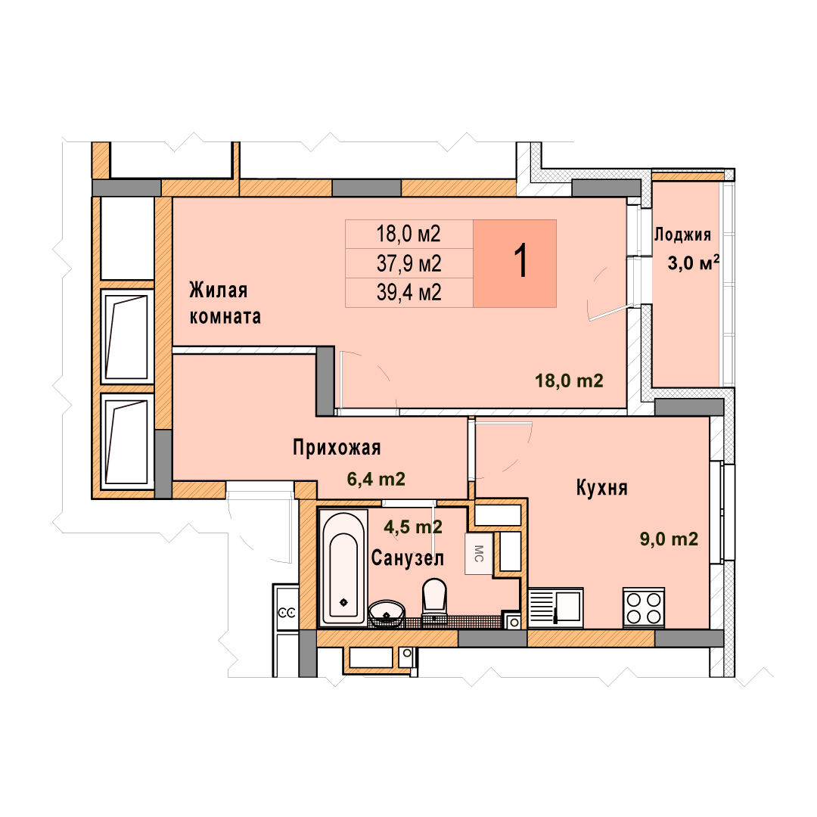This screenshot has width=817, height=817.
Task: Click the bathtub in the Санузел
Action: point(343,568)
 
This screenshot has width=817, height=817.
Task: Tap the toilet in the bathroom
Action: point(434,600)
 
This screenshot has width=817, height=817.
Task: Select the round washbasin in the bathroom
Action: point(387,614)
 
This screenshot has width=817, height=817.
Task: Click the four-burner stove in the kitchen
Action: point(644,608)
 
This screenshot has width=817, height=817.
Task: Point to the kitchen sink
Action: point(555,607)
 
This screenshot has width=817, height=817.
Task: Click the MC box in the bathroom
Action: point(479,553)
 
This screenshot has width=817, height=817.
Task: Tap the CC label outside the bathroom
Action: point(287,613)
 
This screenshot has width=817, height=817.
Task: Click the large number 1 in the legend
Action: point(521,262)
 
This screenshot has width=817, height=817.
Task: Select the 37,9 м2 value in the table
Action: point(409,264)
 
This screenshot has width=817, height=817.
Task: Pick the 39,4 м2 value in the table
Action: point(409,293)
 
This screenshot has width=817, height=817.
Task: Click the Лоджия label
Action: point(682,235)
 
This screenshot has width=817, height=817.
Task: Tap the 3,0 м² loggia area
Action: point(694,263)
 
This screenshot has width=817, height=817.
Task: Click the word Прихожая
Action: point(337,448)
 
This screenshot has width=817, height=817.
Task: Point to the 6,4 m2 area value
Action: point(376,479)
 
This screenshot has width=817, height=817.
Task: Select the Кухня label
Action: point(602,488)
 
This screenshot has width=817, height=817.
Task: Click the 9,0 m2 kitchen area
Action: point(669,539)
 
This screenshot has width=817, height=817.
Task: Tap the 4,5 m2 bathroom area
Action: point(413,527)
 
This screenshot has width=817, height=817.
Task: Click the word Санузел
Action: point(408,558)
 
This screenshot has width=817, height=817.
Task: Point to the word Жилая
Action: point(219,290)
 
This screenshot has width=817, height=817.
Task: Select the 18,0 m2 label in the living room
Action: point(569,381)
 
